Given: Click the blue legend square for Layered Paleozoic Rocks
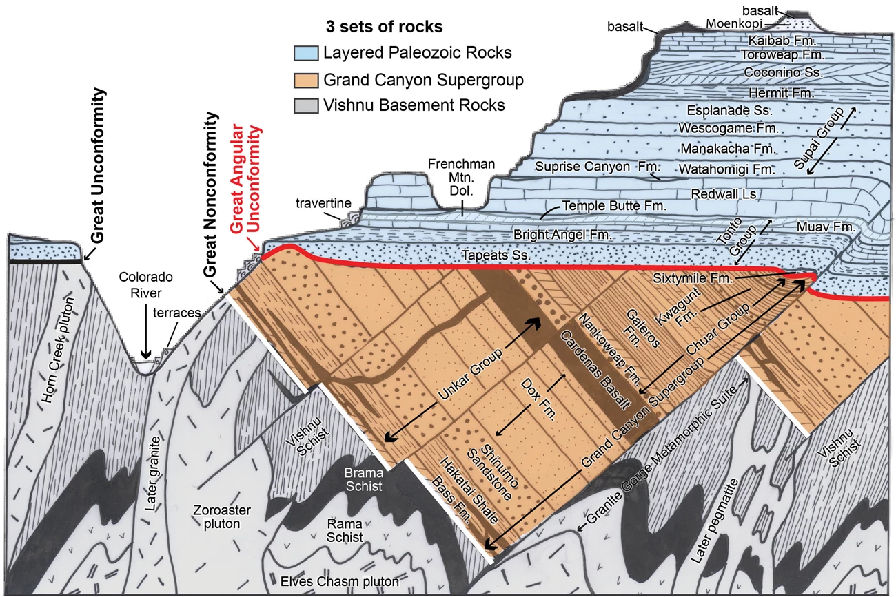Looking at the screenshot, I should click(x=304, y=53).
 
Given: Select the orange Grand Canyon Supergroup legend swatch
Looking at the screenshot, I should click(x=304, y=80).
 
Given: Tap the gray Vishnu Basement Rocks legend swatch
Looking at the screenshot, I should click(x=304, y=106).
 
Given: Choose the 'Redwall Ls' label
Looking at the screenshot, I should click(x=724, y=195).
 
